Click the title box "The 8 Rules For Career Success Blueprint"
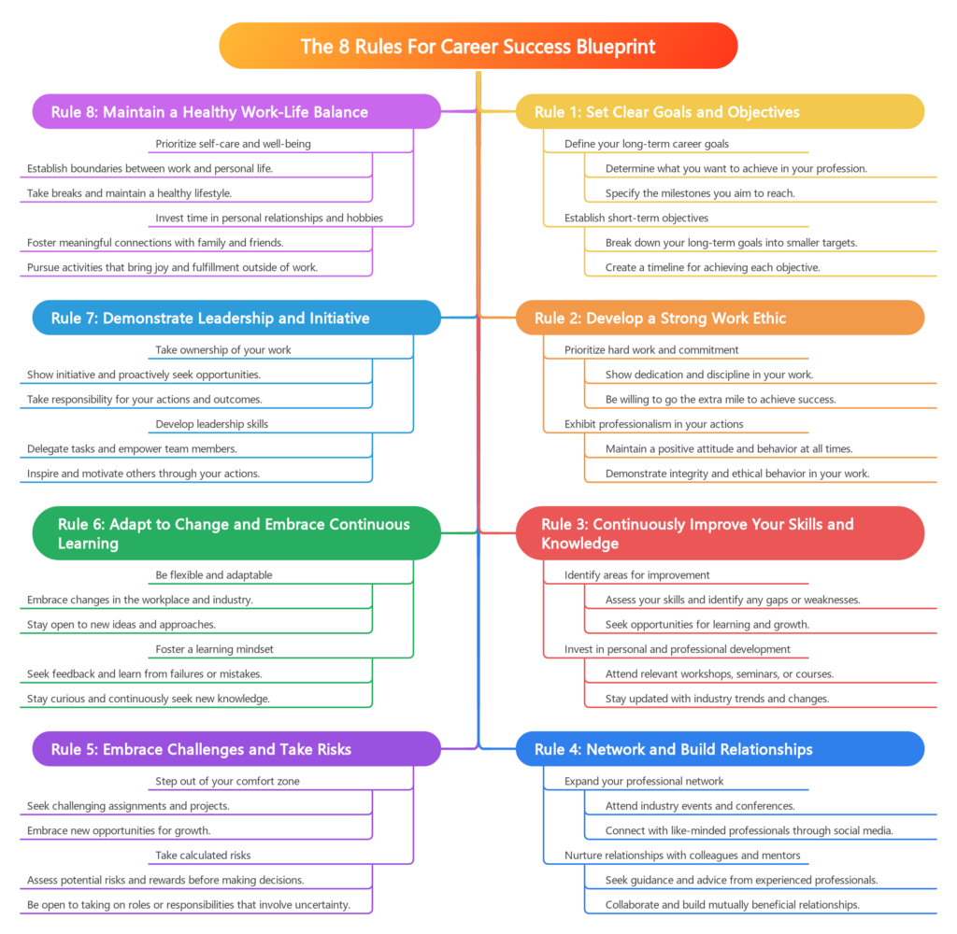tap(478, 46)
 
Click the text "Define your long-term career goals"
tap(647, 144)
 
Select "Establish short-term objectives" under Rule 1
tap(636, 218)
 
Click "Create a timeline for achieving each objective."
tap(713, 267)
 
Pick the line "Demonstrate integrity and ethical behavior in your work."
tap(737, 474)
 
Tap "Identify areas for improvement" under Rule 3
tap(637, 575)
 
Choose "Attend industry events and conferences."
tap(700, 805)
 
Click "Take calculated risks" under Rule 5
tap(203, 855)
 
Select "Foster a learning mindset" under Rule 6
tap(214, 648)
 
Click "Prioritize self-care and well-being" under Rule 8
tap(233, 144)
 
